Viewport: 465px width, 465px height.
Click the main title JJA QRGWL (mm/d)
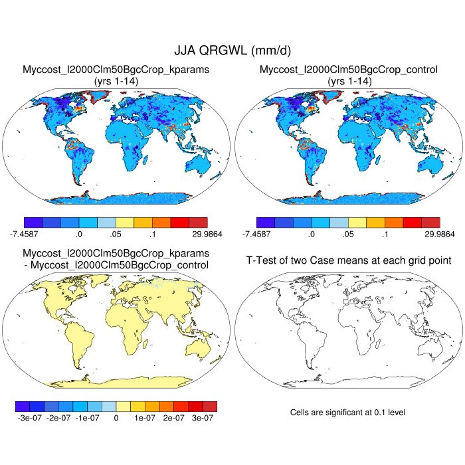(232, 50)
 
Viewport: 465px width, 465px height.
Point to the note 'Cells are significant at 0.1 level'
(347, 413)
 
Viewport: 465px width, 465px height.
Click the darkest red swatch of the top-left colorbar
(198, 223)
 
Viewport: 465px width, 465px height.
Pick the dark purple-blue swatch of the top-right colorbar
(265, 223)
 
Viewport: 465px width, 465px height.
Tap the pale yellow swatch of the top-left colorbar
(124, 223)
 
